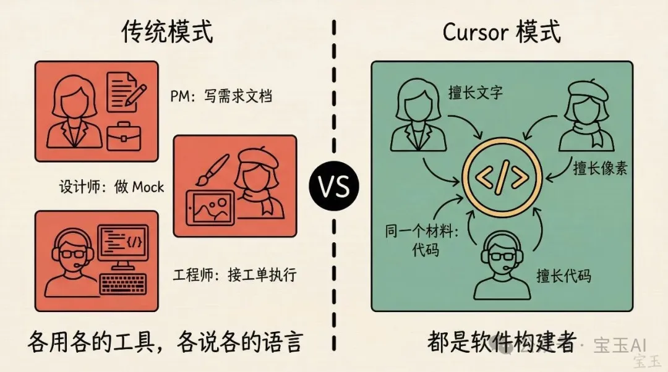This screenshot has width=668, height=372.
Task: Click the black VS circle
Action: click(x=334, y=186)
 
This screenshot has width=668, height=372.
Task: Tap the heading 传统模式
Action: click(x=168, y=32)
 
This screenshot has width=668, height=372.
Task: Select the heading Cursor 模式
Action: click(x=502, y=32)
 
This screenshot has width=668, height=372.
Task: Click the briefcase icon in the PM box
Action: click(x=124, y=136)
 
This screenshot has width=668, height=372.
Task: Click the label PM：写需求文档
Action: click(x=221, y=96)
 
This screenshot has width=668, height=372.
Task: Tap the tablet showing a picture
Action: click(x=210, y=208)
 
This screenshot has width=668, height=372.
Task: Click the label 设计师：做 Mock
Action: click(x=111, y=187)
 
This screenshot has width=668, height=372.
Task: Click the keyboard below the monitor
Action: click(x=123, y=284)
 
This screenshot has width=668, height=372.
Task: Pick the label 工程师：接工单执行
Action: click(x=235, y=274)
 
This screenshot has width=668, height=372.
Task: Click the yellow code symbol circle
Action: click(x=502, y=177)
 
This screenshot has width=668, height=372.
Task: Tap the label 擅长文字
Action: click(x=476, y=92)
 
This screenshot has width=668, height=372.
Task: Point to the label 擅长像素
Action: click(x=600, y=168)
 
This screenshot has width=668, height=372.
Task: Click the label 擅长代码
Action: click(x=564, y=276)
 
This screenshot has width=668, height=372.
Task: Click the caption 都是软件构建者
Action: click(x=502, y=342)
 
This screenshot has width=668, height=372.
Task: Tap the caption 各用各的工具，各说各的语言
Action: click(x=165, y=342)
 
